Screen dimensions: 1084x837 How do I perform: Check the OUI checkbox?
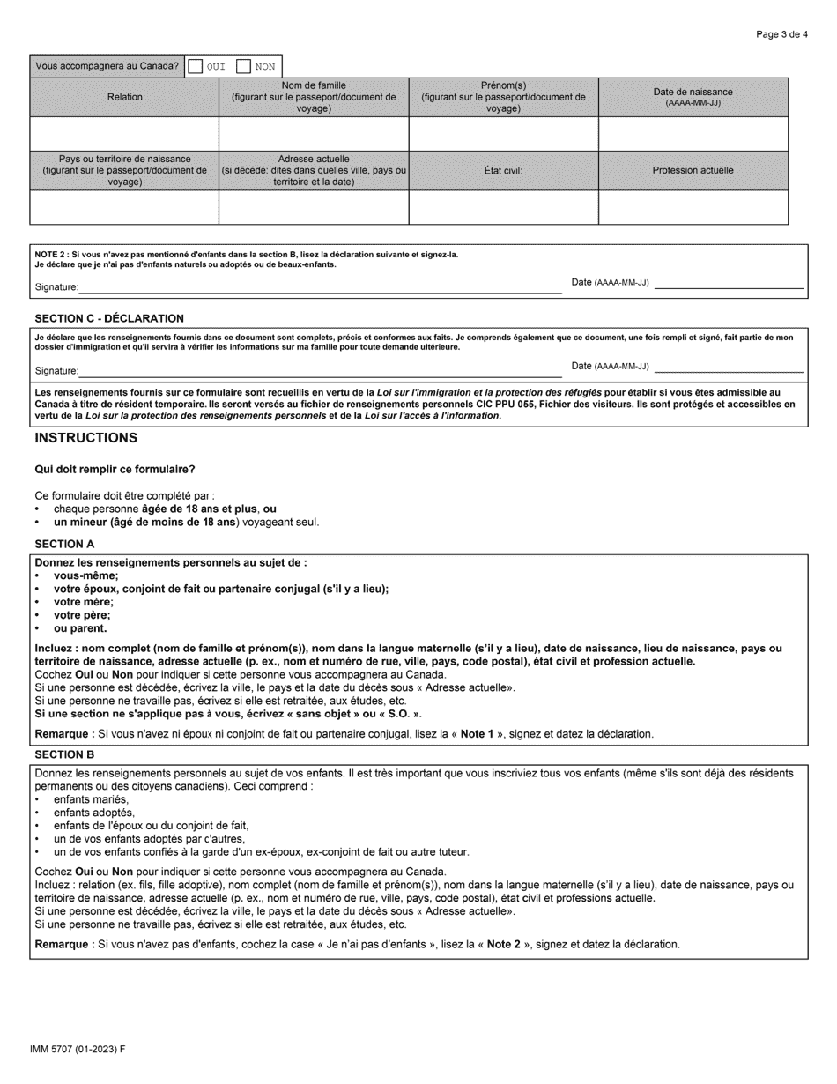tap(196, 66)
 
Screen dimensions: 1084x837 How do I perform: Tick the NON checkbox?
tap(244, 66)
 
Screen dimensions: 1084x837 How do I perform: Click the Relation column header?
tap(124, 97)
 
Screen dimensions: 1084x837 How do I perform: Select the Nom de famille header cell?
tap(314, 97)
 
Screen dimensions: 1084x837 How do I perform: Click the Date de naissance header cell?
tap(693, 97)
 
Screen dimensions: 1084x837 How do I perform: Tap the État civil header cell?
tap(503, 170)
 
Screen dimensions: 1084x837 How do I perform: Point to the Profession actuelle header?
tap(693, 170)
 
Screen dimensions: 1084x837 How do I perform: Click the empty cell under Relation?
tap(124, 134)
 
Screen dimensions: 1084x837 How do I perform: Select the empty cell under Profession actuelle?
tap(693, 207)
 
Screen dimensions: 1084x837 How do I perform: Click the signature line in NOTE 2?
tap(320, 287)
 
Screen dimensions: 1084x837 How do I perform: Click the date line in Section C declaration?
tap(729, 370)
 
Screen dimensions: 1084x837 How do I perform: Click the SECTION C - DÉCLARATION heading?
tap(109, 318)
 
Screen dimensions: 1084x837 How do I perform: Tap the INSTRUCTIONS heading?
tap(85, 438)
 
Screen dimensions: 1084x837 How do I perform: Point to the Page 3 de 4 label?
tap(782, 35)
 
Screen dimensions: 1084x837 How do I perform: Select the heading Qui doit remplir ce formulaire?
tap(115, 469)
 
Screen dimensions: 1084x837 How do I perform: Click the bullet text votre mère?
tap(84, 602)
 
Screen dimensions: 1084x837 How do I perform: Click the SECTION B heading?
tap(64, 754)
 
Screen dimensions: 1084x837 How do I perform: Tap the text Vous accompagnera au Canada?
tap(107, 66)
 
